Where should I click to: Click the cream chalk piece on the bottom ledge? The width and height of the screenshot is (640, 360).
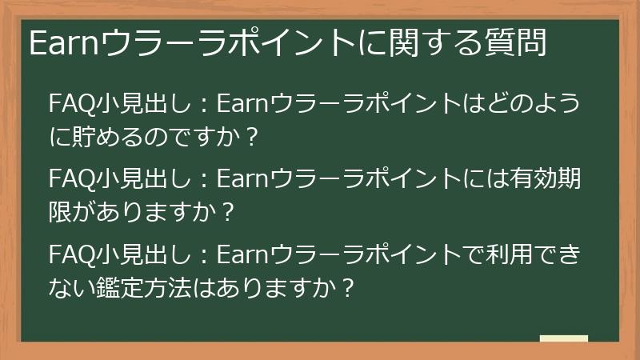(x=563, y=339)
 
